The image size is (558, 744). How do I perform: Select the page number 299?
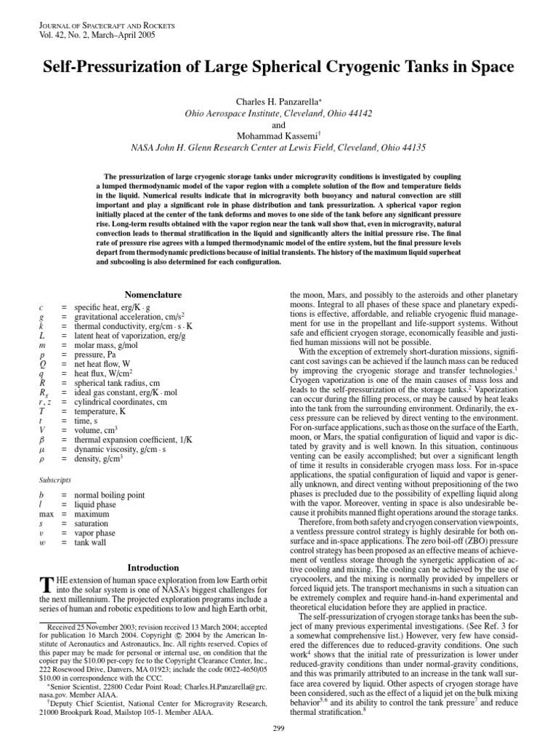pyautogui.click(x=279, y=731)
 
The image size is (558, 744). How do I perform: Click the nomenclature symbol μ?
pyautogui.click(x=41, y=450)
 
